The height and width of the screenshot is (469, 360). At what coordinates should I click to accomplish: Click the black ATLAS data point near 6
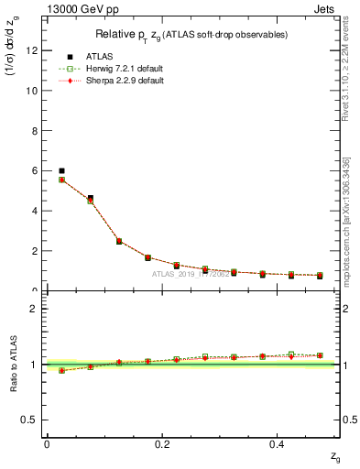61,170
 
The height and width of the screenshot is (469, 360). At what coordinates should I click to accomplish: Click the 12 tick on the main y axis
33,50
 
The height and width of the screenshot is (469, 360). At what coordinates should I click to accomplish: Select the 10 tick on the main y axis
33,91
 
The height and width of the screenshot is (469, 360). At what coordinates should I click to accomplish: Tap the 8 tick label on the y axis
36,131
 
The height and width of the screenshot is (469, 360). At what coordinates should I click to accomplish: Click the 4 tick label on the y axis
36,211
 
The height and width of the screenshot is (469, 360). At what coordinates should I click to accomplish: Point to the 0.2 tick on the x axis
163,443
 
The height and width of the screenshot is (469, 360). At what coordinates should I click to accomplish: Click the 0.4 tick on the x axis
279,443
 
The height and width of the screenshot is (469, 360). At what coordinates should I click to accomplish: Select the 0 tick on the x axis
47,443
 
